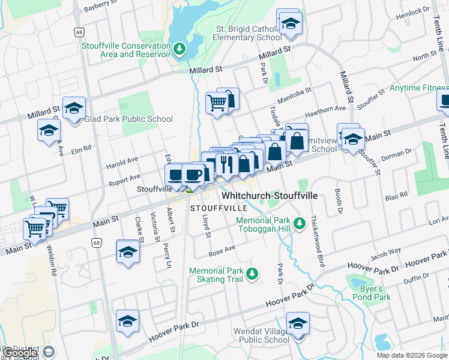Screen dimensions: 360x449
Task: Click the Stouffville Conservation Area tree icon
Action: (179, 49)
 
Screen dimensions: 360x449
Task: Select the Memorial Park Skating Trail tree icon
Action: (253, 274)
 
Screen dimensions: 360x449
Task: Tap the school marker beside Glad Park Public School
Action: (74, 108)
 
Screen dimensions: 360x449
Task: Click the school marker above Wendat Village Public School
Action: (297, 325)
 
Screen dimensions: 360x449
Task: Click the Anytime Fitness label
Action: (418, 88)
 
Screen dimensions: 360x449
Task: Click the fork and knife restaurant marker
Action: (226, 164)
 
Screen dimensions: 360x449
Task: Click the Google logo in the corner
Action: (20, 353)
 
